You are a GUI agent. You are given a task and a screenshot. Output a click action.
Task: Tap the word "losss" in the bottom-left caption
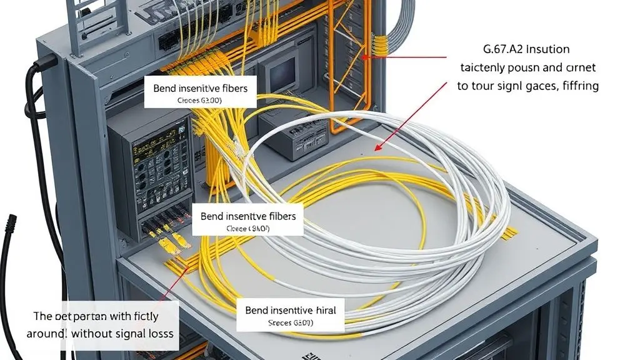159,334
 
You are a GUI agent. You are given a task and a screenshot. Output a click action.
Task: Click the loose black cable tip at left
11,222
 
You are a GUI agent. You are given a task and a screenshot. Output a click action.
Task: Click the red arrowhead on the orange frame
363,56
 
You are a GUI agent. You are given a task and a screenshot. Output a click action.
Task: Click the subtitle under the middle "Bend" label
247,229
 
